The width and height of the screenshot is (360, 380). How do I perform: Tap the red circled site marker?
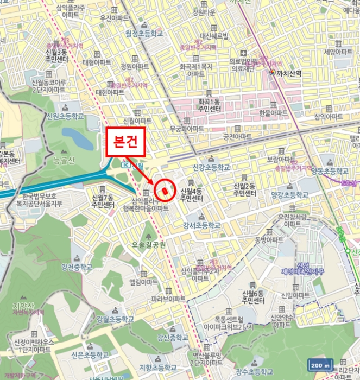[x=164, y=191]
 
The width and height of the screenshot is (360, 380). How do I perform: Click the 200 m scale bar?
[x=320, y=365]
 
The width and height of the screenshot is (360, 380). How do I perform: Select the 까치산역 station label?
[x=289, y=72]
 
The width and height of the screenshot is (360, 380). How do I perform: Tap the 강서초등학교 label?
[x=201, y=225]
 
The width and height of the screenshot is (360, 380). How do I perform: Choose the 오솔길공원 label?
[x=148, y=246]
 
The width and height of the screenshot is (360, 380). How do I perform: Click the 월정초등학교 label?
[x=144, y=33]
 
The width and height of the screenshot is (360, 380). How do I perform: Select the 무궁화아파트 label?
[x=187, y=129]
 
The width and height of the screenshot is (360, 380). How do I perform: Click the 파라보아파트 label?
[x=168, y=299]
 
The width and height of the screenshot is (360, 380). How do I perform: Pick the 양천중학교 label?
[x=77, y=267]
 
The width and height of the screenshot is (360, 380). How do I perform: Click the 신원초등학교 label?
[x=65, y=116]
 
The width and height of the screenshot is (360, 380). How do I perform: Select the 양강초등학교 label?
[x=289, y=194]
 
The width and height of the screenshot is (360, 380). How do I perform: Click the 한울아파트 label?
[x=273, y=112]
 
